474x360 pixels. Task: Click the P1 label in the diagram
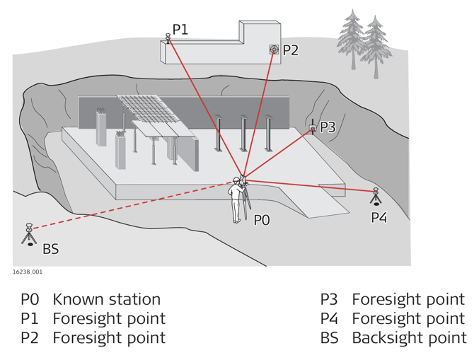180,29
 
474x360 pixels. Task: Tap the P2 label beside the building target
291,50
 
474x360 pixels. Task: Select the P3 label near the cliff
328,127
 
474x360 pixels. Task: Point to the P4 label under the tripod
379,217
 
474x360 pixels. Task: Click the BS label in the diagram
51,249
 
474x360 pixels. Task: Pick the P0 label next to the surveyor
262,220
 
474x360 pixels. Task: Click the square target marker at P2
274,50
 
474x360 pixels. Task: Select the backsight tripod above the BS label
29,235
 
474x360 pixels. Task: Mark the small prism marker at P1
168,37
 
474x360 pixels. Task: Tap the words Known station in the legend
107,300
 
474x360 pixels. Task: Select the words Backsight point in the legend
408,338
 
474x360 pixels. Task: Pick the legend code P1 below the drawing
30,319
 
